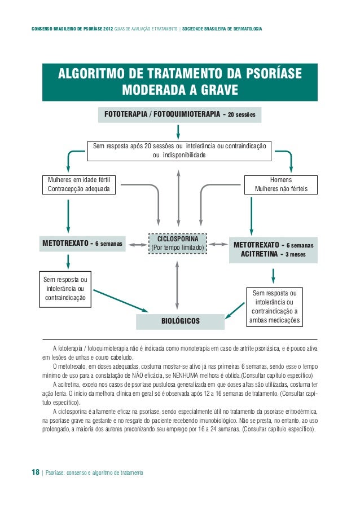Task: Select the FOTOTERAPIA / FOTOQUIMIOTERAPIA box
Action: (179, 115)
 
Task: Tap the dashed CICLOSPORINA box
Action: (178, 243)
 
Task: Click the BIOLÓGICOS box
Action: (181, 321)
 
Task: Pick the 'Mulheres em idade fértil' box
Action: (79, 184)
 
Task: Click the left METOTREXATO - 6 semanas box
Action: (82, 244)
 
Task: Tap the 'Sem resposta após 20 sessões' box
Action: (179, 150)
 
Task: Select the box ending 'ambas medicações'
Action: (274, 307)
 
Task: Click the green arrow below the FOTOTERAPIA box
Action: (179, 131)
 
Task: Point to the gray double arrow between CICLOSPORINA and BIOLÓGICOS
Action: (178, 285)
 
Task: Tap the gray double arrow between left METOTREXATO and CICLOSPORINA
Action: (137, 245)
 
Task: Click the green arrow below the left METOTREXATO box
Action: (68, 261)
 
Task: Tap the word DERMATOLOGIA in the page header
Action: (242, 28)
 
